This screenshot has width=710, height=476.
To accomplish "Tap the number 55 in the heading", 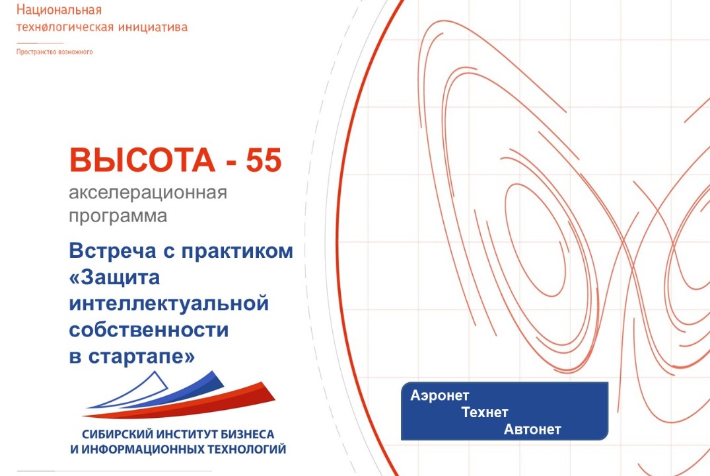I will [x=264, y=161].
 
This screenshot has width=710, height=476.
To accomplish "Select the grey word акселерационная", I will [x=148, y=194].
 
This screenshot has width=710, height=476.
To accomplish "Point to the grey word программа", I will [x=118, y=216].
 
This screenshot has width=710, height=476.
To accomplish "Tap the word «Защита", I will [x=114, y=278].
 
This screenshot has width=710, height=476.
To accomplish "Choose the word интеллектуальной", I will [x=169, y=303].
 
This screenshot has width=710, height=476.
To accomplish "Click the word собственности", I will [x=149, y=329].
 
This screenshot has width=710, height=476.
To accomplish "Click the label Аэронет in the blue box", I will [x=439, y=395].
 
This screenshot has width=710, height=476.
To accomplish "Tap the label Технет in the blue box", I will [x=485, y=413].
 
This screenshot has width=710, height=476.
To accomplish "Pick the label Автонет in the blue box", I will [x=532, y=430].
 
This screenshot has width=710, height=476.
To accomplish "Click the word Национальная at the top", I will [x=59, y=11].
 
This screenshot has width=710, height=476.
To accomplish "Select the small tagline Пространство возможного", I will [x=55, y=52].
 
